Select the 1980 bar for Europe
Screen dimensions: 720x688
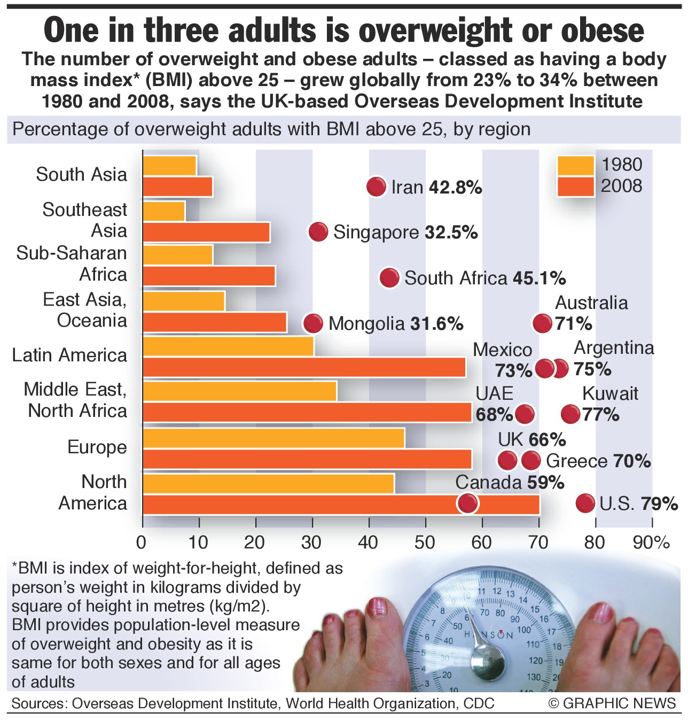pos(273,438)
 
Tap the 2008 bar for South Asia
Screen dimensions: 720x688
pos(177,187)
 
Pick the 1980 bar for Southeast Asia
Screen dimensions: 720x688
pos(164,211)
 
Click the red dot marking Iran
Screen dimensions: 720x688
pos(377,187)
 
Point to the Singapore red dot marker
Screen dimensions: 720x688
pos(318,232)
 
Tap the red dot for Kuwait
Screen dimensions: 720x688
pos(570,414)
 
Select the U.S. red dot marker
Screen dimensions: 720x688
pos(585,503)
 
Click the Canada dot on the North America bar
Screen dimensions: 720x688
pos(468,503)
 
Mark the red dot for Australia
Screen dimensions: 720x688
pos(542,323)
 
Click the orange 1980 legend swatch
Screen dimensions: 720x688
pos(575,166)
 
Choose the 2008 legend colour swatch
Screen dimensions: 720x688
pos(575,187)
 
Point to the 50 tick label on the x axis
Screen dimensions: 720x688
pos(425,543)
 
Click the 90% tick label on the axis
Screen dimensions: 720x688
pos(651,543)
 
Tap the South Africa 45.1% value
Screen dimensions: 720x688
pos(539,278)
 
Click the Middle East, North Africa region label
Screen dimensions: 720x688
pos(76,400)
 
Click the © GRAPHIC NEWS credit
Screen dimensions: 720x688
pos(612,703)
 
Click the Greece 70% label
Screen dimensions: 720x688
pos(598,461)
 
